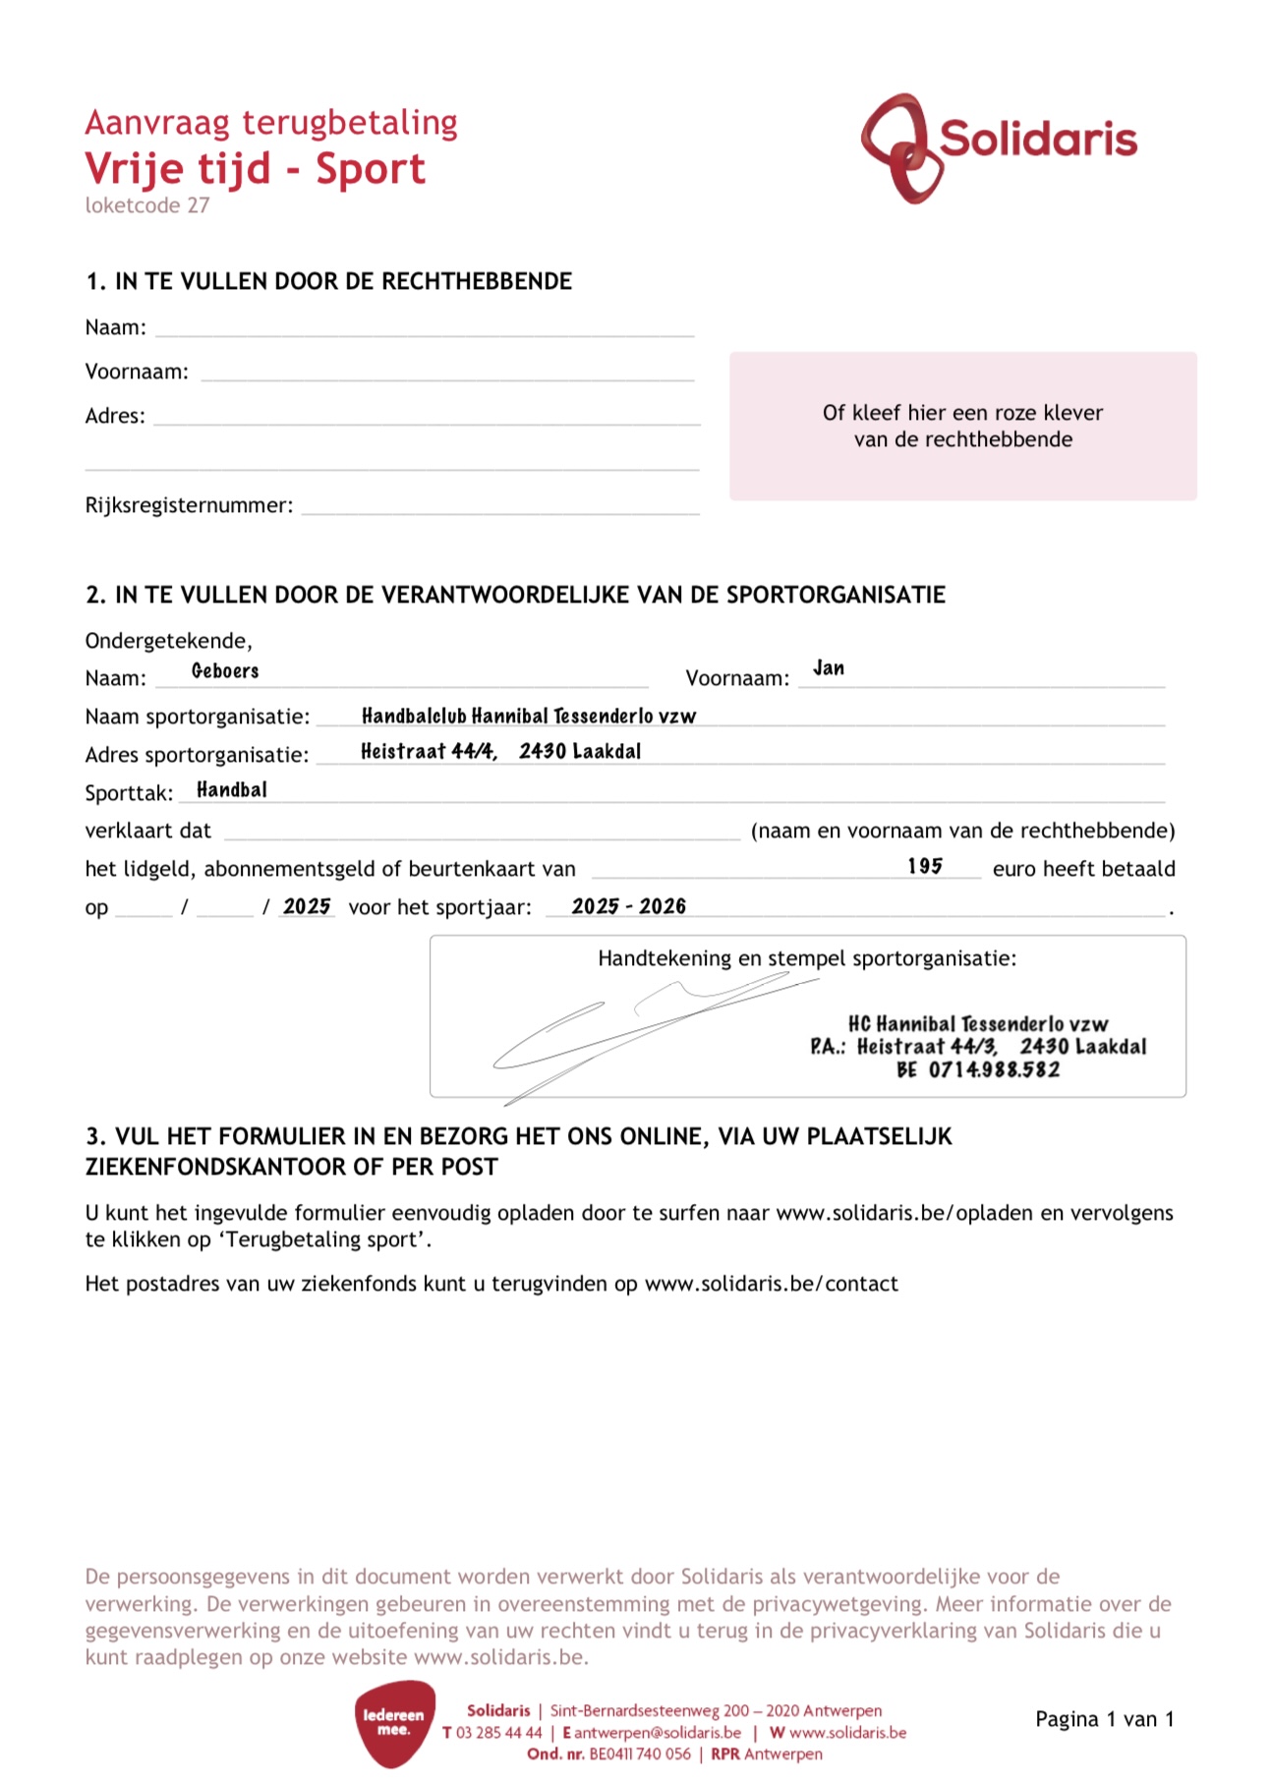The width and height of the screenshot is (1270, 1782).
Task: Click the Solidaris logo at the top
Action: click(x=999, y=145)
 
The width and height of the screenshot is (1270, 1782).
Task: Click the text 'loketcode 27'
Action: click(x=147, y=205)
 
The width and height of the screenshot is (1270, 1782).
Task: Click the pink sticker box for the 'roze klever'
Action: click(x=962, y=427)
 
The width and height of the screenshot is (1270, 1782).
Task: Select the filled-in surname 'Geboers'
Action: click(x=225, y=671)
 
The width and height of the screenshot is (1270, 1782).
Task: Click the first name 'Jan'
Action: click(x=829, y=668)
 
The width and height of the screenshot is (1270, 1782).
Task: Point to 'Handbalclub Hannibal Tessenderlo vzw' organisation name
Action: click(x=529, y=716)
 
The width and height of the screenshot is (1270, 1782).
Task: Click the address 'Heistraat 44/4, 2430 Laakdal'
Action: click(x=500, y=752)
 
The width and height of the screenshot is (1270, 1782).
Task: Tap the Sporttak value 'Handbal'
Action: click(x=232, y=790)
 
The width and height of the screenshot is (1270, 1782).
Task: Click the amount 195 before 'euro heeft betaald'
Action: click(x=925, y=866)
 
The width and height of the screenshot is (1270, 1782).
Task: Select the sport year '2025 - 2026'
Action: click(x=629, y=906)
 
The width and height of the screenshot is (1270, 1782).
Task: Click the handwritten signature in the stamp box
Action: click(x=639, y=1032)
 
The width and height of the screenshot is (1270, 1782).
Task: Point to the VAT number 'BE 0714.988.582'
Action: click(x=978, y=1069)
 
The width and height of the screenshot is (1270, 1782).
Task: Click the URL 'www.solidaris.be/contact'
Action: click(x=771, y=1284)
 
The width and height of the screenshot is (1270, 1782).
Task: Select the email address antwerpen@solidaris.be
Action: click(x=658, y=1733)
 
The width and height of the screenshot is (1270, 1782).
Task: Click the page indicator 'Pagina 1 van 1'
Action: click(x=1104, y=1719)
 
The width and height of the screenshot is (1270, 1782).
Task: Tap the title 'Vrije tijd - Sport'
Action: click(x=256, y=169)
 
